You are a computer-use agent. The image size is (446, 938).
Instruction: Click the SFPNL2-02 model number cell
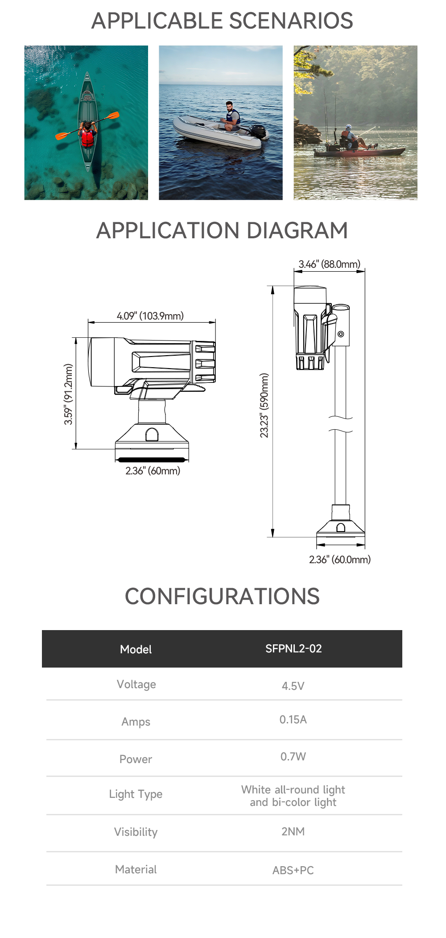[x=293, y=648]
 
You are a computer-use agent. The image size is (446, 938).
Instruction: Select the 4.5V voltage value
[x=293, y=686]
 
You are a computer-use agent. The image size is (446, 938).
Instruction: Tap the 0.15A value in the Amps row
[x=293, y=719]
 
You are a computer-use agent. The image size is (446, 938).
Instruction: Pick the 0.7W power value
[x=293, y=756]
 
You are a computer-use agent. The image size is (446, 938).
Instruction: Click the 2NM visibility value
[x=293, y=831]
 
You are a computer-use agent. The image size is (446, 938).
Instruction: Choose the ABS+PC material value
[x=293, y=870]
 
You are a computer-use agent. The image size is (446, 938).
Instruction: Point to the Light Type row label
[x=136, y=794]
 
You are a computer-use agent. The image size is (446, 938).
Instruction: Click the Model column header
[x=136, y=649]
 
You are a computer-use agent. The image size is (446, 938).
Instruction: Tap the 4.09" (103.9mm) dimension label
[x=150, y=316]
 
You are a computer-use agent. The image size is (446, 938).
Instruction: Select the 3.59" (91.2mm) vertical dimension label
[x=68, y=394]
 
